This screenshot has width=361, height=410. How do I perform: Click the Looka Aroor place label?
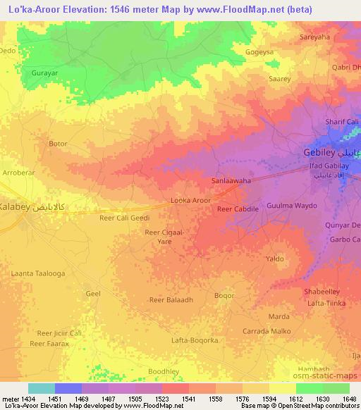click(x=191, y=201)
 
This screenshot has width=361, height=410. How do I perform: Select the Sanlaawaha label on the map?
click(x=232, y=180)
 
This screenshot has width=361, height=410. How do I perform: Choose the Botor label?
click(x=58, y=144)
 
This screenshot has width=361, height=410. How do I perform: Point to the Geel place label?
click(x=92, y=293)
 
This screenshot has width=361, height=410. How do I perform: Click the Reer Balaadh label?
click(x=171, y=300)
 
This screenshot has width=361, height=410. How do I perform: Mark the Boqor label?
click(x=224, y=296)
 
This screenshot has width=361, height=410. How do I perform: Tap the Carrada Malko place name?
click(x=267, y=330)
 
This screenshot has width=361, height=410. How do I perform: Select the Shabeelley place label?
click(x=321, y=292)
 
